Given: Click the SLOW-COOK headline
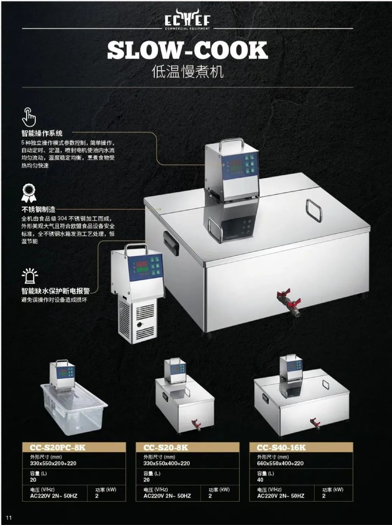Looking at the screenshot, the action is click(187, 50).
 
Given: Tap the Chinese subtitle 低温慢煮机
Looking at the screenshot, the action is click(187, 71).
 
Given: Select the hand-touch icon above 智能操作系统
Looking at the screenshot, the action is click(29, 117).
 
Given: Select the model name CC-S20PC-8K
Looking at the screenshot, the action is click(58, 447).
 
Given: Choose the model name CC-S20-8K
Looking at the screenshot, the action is click(166, 447).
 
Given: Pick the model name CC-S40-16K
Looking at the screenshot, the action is click(281, 447).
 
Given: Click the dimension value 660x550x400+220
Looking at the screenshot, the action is click(280, 463).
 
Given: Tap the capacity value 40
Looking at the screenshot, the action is click(260, 480).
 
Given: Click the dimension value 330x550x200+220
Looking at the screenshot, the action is click(53, 463).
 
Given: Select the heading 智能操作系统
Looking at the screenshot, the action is click(42, 133).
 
